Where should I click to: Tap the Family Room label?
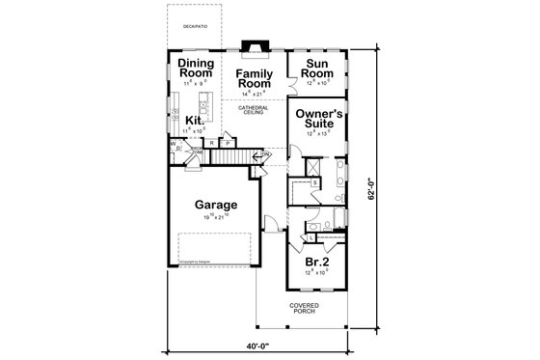click(x=256, y=79)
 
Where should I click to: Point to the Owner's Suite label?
click(x=319, y=119)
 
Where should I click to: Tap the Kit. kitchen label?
click(x=196, y=120)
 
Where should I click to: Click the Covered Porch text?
click(x=306, y=309)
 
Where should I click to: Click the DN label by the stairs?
click(x=265, y=153)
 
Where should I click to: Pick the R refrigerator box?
click(x=211, y=143)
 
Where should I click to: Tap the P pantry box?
click(x=228, y=143)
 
